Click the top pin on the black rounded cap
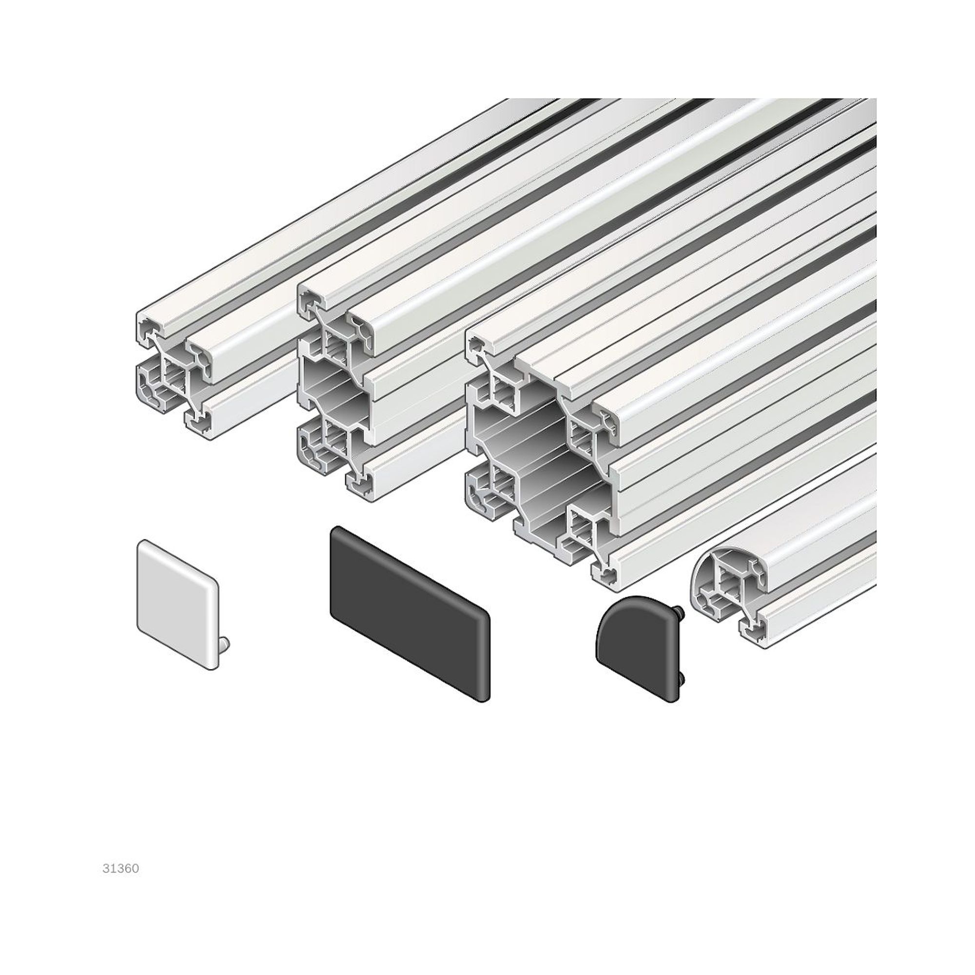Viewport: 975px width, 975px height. (x=681, y=611)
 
